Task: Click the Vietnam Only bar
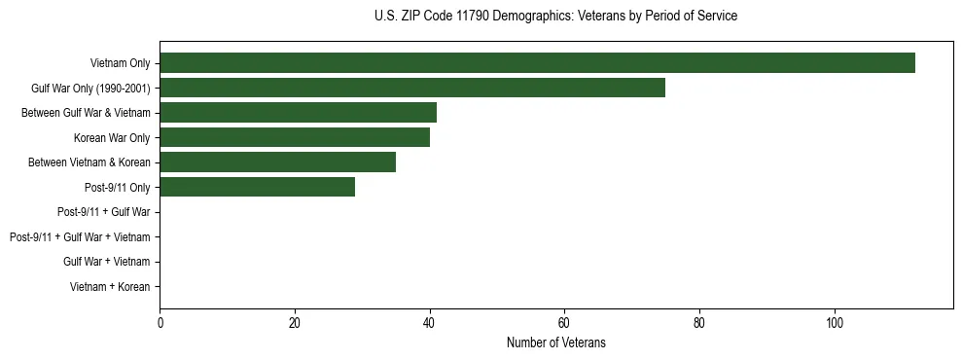(537, 63)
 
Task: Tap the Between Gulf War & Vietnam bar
(298, 113)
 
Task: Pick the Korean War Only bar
(295, 138)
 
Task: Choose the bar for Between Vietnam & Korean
(277, 162)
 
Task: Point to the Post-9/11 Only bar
(257, 187)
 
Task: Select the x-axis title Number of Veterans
(555, 342)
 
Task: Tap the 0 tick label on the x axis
(160, 322)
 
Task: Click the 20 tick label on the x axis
(295, 322)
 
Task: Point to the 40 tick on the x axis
(429, 322)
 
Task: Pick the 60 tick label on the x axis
(564, 322)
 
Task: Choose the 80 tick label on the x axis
(699, 322)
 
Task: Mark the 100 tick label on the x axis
(834, 322)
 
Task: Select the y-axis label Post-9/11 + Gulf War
(103, 212)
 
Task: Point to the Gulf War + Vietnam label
(106, 262)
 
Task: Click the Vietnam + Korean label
(110, 287)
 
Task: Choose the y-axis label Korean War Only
(112, 138)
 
